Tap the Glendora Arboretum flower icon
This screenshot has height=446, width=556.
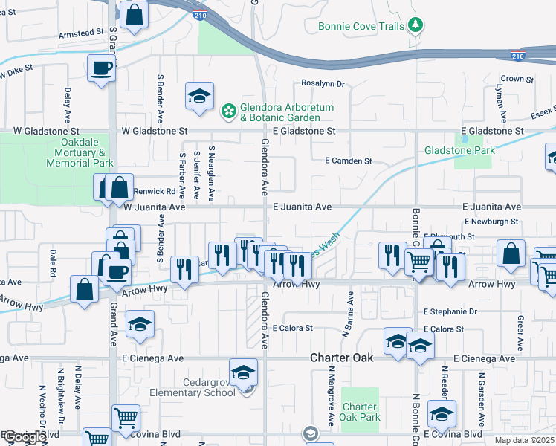229,112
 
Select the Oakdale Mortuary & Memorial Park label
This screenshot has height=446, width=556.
80,152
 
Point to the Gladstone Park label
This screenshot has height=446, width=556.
459,150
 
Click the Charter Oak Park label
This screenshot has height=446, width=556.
360,412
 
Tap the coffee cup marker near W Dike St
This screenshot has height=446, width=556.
101,68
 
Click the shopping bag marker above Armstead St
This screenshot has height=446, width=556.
134,14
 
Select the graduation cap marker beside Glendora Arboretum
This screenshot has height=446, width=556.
199,96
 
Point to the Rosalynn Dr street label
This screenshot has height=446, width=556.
323,83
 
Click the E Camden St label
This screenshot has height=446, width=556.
349,161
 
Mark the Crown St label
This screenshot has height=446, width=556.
512,78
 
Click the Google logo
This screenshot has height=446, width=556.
25,437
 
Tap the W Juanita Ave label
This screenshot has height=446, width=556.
154,207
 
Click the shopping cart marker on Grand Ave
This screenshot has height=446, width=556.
126,417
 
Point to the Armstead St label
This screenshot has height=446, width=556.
81,33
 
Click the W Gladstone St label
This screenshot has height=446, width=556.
155,131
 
